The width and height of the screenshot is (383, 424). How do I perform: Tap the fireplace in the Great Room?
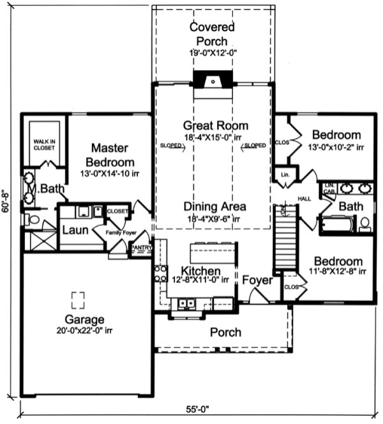pos(213,81)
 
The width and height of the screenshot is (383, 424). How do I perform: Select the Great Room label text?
pos(215,125)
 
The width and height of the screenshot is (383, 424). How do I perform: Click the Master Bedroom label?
pos(112,155)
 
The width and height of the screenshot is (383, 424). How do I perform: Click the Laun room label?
pos(74,228)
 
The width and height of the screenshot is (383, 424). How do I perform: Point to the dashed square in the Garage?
pos(78,299)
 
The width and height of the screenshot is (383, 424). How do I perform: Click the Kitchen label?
pos(200,271)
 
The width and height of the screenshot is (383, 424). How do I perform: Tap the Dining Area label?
pos(214,207)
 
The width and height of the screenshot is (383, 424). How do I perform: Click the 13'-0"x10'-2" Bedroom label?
pos(336,135)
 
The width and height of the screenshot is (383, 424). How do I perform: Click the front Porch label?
pos(225,332)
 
